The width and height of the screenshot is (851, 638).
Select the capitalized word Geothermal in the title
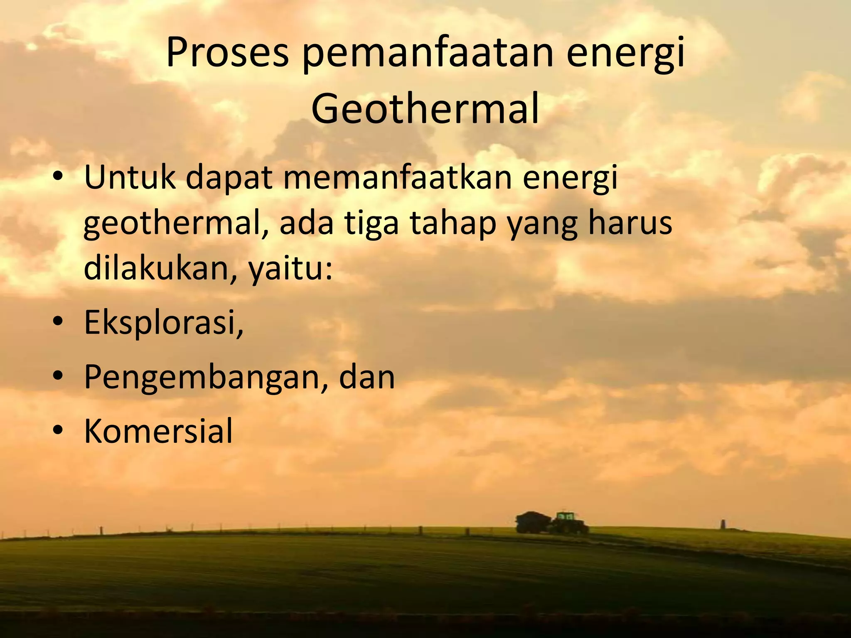(425, 109)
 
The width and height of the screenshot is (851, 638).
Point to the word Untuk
(130, 177)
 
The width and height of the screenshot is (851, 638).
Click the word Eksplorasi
(163, 323)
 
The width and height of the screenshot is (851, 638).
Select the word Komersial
(158, 431)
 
